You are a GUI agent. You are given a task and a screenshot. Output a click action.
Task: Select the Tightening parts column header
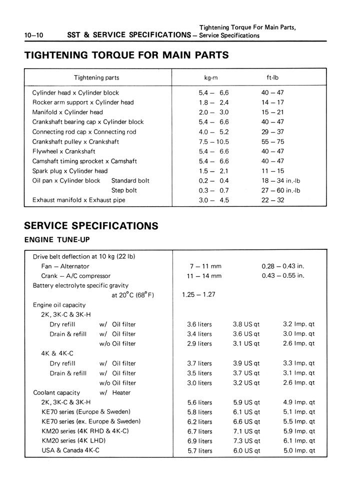click(96, 78)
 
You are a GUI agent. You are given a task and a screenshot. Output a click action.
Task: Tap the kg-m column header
click(210, 78)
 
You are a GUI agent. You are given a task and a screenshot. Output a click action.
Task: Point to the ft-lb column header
click(272, 78)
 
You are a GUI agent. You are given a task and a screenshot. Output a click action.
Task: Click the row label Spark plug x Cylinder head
click(70, 171)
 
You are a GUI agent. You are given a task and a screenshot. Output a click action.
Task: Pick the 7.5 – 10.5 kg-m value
click(213, 142)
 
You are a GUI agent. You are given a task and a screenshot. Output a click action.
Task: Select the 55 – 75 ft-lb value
click(272, 142)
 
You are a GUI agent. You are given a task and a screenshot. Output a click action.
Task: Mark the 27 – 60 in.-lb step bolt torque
click(281, 190)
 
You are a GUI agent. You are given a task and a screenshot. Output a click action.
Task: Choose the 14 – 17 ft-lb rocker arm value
click(272, 103)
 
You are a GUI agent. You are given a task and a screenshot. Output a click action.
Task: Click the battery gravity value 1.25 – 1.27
click(199, 294)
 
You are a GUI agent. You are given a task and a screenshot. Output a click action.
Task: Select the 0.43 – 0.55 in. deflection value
click(283, 276)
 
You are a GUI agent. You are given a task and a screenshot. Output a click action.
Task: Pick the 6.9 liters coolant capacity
click(199, 441)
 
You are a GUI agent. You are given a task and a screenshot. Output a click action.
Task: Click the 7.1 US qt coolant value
click(246, 431)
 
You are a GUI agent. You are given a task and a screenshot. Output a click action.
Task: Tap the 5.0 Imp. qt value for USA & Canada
click(299, 451)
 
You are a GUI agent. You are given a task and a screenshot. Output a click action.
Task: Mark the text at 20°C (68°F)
click(132, 295)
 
